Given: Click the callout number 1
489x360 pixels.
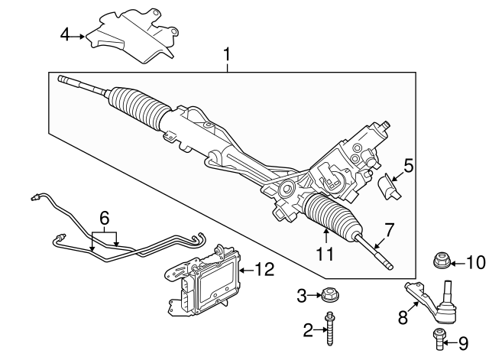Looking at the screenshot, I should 227,55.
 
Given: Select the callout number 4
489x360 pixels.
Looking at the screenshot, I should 65,34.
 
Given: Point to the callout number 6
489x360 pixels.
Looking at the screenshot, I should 104,218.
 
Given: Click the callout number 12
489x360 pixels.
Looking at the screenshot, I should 264,269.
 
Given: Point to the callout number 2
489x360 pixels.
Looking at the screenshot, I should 308,330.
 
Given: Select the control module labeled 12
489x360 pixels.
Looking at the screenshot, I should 202,283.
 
